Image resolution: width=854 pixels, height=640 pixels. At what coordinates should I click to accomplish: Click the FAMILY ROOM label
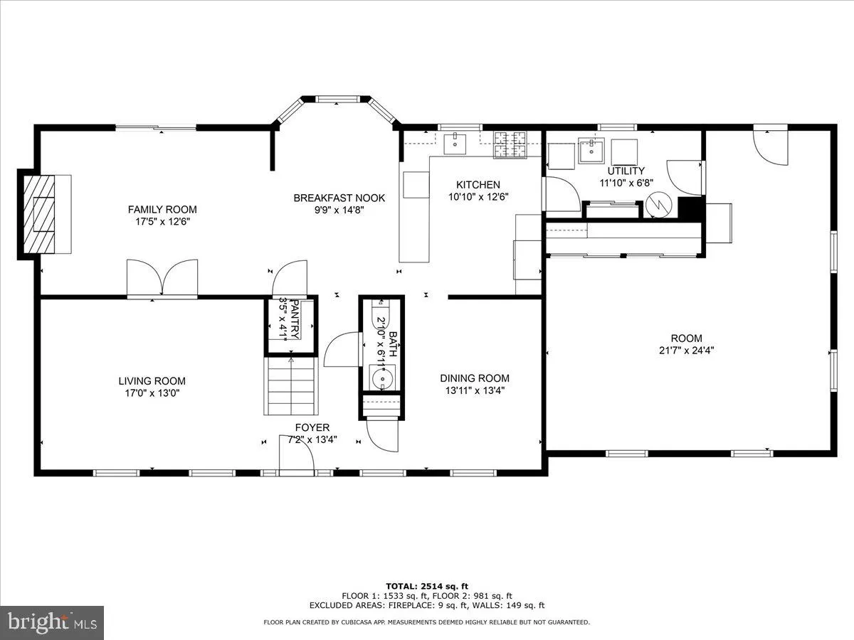tap(162, 209)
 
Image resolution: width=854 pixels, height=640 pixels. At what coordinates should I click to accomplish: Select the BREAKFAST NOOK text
tap(339, 198)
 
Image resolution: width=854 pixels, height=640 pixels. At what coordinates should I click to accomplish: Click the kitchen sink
tap(454, 144)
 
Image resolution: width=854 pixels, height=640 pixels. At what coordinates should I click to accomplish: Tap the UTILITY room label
tap(626, 171)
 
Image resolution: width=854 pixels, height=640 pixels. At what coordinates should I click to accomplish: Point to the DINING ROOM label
tap(474, 378)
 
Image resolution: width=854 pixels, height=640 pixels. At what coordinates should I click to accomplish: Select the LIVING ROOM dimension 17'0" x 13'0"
tap(152, 393)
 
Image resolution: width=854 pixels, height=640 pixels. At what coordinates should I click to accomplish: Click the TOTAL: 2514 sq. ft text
tap(426, 585)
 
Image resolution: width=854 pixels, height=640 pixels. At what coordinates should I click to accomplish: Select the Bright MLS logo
tap(52, 622)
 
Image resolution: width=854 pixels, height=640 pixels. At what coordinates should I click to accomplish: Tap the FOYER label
tap(312, 427)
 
